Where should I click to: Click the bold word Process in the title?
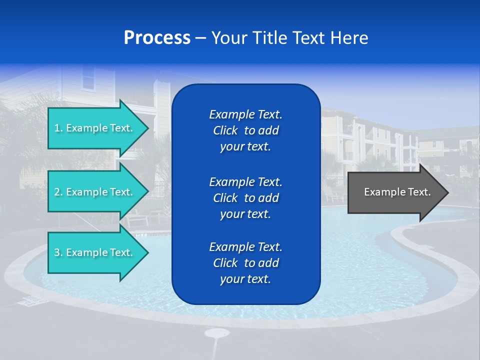tap(157, 38)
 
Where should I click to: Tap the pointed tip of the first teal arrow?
tap(147, 128)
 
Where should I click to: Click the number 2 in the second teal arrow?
tap(57, 192)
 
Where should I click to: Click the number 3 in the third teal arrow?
tap(57, 252)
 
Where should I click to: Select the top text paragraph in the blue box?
tap(245, 130)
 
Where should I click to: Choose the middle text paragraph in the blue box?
tap(245, 197)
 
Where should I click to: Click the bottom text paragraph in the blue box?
tap(245, 263)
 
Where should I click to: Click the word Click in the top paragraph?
tap(225, 130)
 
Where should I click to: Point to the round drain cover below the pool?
tap(216, 332)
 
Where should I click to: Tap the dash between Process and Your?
tap(200, 38)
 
